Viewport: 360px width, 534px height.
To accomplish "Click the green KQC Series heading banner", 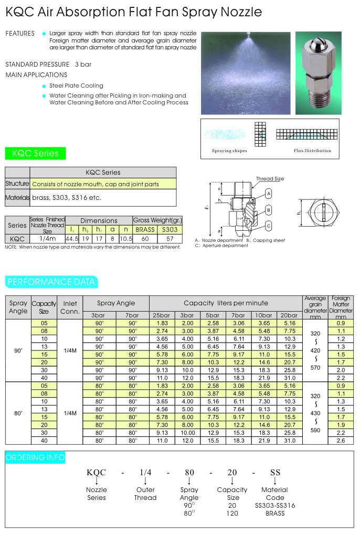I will (x=36, y=154).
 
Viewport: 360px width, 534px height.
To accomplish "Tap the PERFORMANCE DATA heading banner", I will (x=51, y=282).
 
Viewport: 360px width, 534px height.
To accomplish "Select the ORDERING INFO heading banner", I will (x=35, y=457).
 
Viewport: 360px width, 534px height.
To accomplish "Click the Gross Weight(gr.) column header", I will (x=157, y=220).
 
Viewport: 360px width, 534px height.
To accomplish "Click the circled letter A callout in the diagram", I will (x=268, y=194).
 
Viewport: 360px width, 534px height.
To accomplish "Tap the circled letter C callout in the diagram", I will (x=268, y=226).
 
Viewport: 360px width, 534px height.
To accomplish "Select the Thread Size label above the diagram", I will (x=270, y=179).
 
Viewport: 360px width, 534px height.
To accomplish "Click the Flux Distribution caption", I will (x=312, y=151).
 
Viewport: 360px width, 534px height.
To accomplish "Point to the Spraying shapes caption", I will (x=229, y=151).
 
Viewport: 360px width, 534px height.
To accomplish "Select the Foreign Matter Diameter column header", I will (x=341, y=307).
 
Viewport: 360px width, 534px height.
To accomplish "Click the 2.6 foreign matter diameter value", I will (x=341, y=441).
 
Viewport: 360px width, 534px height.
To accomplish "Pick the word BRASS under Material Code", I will (x=275, y=513).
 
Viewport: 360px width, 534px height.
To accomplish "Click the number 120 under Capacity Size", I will (x=232, y=513).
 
